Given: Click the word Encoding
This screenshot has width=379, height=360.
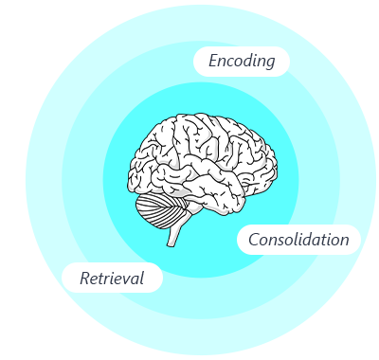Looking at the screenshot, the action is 242,61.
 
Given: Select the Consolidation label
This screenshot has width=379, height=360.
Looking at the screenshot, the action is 298,240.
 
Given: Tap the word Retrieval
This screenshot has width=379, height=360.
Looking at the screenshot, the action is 112,279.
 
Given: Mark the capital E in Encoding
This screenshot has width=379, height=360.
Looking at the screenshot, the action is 214,61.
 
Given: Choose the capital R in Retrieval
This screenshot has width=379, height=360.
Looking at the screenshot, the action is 85,279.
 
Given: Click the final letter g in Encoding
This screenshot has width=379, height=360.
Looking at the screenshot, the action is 269,63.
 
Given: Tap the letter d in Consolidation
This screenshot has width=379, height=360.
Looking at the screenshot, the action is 304,240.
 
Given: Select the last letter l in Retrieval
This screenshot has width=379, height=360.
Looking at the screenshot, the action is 142,278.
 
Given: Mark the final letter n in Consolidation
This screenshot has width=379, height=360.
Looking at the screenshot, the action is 344,242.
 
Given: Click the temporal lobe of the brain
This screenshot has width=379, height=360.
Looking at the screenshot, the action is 202,190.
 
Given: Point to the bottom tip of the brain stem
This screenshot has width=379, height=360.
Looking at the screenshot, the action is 171,246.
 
